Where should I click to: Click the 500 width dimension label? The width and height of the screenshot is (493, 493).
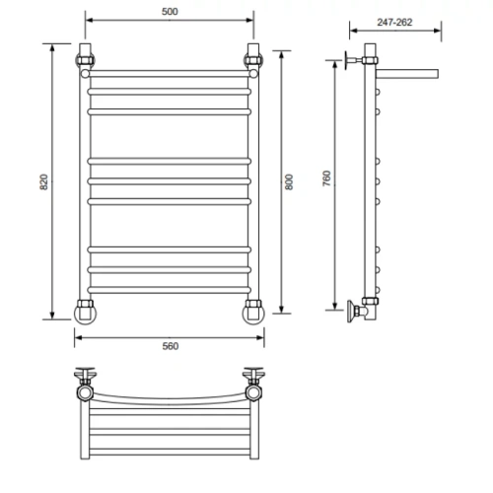pyautogui.click(x=170, y=12)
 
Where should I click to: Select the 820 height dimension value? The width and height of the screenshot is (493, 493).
pyautogui.click(x=43, y=181)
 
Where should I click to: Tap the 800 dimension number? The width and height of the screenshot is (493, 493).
pyautogui.click(x=289, y=181)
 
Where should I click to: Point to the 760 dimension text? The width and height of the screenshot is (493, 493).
pyautogui.click(x=326, y=178)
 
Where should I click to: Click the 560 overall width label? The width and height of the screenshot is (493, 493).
pyautogui.click(x=171, y=346)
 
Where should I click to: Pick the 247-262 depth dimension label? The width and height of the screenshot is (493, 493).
pyautogui.click(x=394, y=23)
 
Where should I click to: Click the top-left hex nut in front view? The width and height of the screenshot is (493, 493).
pyautogui.click(x=85, y=60)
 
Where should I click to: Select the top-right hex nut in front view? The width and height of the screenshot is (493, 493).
pyautogui.click(x=253, y=60)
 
